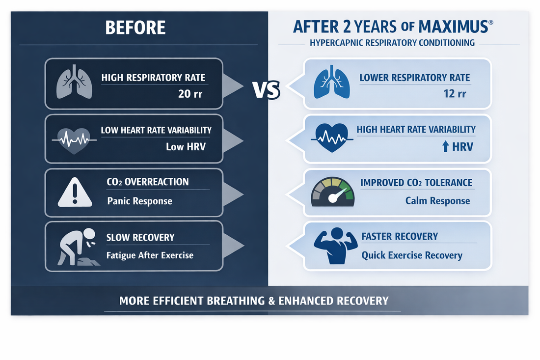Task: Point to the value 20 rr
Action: [x=191, y=93]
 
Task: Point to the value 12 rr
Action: [x=455, y=93]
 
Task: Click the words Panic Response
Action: [x=139, y=201]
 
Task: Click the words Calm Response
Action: [x=437, y=200]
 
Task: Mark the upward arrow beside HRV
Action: [x=445, y=147]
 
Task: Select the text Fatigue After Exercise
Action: [x=150, y=255]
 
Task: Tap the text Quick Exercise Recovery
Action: [x=412, y=255]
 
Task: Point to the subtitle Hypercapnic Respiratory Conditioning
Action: [x=392, y=43]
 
